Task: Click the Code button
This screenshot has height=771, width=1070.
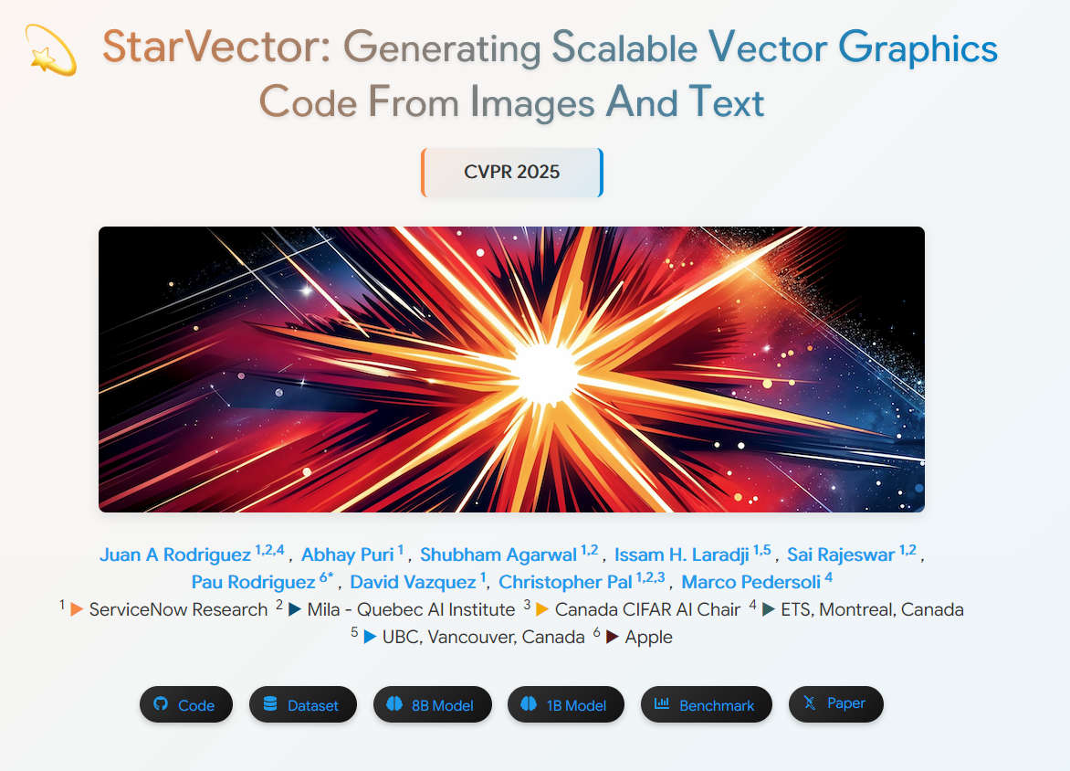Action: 185,704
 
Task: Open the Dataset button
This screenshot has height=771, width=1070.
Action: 303,704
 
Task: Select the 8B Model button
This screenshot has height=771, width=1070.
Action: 432,704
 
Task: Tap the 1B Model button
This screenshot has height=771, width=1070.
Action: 566,704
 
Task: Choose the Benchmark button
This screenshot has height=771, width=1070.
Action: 707,704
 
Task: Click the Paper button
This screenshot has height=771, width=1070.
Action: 836,704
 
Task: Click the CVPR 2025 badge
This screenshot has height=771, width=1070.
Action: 512,172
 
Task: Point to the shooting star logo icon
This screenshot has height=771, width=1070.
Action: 50,50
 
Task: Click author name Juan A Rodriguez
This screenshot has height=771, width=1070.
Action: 175,554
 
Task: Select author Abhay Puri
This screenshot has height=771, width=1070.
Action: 347,554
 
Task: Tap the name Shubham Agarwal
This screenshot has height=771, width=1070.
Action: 498,554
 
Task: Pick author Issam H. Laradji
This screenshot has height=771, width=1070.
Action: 682,554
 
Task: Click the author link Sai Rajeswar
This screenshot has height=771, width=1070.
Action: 841,554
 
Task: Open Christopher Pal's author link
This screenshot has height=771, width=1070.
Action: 565,582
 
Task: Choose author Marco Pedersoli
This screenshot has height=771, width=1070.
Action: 750,582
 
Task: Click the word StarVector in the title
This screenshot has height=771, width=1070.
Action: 216,47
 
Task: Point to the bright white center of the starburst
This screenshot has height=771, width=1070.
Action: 545,373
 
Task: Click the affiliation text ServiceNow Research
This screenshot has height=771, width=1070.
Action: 178,609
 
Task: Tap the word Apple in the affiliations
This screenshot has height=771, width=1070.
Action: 649,637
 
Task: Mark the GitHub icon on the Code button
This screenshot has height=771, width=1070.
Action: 161,703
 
